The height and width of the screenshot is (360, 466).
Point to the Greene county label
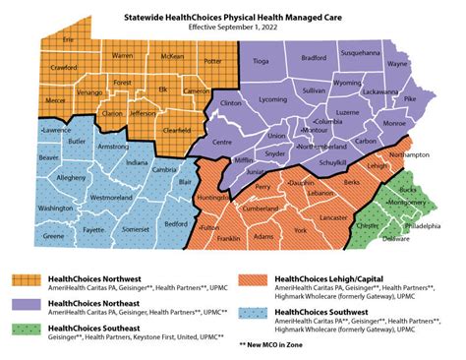point(54,236)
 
